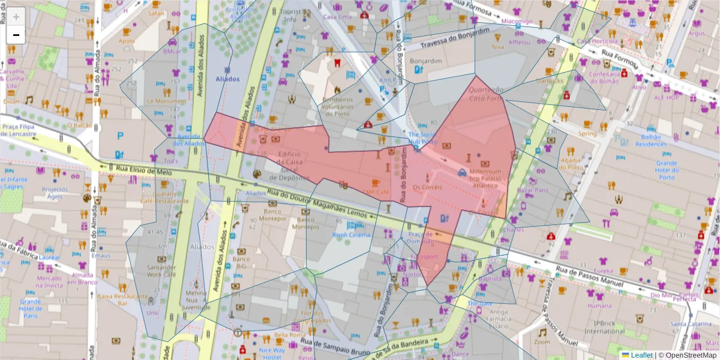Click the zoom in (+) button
pyautogui.click(x=16, y=17)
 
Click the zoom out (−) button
pyautogui.click(x=16, y=35)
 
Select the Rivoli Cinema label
pyautogui.click(x=352, y=235)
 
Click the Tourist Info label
pyautogui.click(x=290, y=16)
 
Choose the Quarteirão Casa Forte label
pyautogui.click(x=485, y=94)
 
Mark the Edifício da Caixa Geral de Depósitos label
pyautogui.click(x=298, y=166)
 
